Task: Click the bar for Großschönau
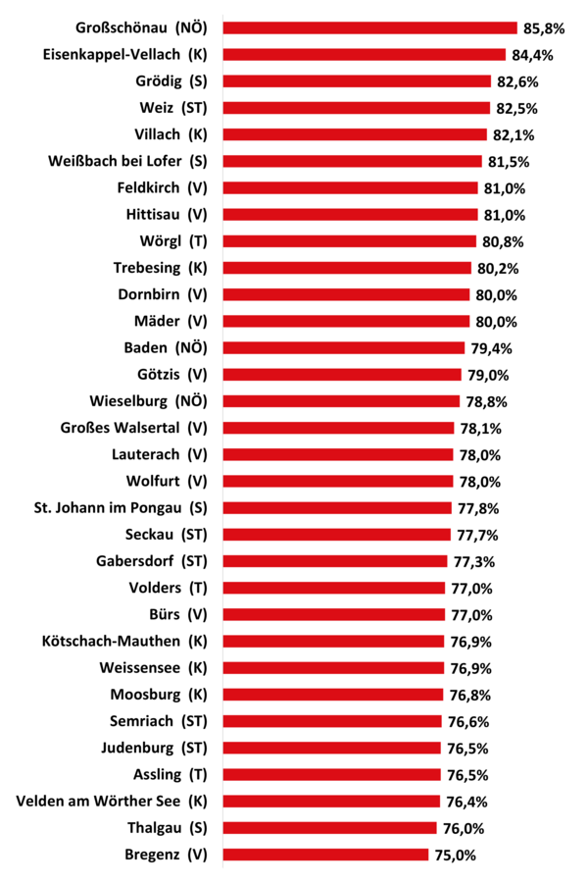[369, 28]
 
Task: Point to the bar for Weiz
[356, 108]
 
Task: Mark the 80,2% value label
[499, 268]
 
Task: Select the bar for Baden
[343, 347]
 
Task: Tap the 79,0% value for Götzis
[489, 375]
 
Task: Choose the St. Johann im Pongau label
[121, 507]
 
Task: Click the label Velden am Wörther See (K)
[112, 802]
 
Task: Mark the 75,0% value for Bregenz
[456, 855]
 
